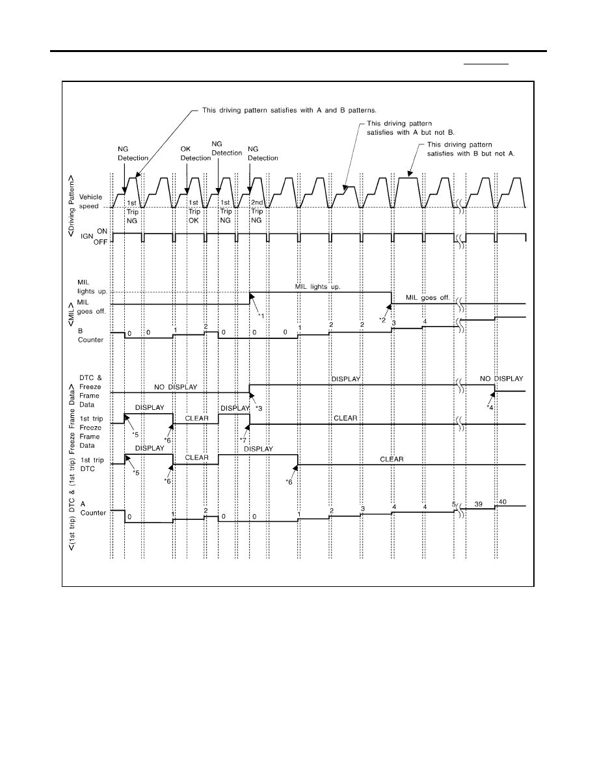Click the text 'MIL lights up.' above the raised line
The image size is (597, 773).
[318, 286]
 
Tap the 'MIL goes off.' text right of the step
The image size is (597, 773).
[427, 298]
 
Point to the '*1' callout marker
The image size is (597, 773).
[261, 316]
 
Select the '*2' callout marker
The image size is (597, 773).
[382, 320]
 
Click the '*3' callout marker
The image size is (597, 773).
[259, 409]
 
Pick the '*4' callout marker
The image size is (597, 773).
[490, 408]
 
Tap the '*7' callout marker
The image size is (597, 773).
[243, 441]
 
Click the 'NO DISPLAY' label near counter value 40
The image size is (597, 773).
[501, 379]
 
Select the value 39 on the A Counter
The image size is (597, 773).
[478, 504]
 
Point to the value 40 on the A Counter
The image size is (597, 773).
[503, 502]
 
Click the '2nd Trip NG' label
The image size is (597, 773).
[257, 211]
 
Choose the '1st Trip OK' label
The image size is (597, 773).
[194, 211]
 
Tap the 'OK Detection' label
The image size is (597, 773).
[196, 154]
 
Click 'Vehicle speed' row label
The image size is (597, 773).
[90, 202]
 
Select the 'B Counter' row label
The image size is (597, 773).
[90, 335]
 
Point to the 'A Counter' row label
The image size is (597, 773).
[93, 508]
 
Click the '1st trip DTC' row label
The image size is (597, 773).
[92, 465]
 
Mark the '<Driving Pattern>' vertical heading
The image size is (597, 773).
[72, 206]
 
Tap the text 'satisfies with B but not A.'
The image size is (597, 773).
[471, 154]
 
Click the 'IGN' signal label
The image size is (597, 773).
[86, 237]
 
